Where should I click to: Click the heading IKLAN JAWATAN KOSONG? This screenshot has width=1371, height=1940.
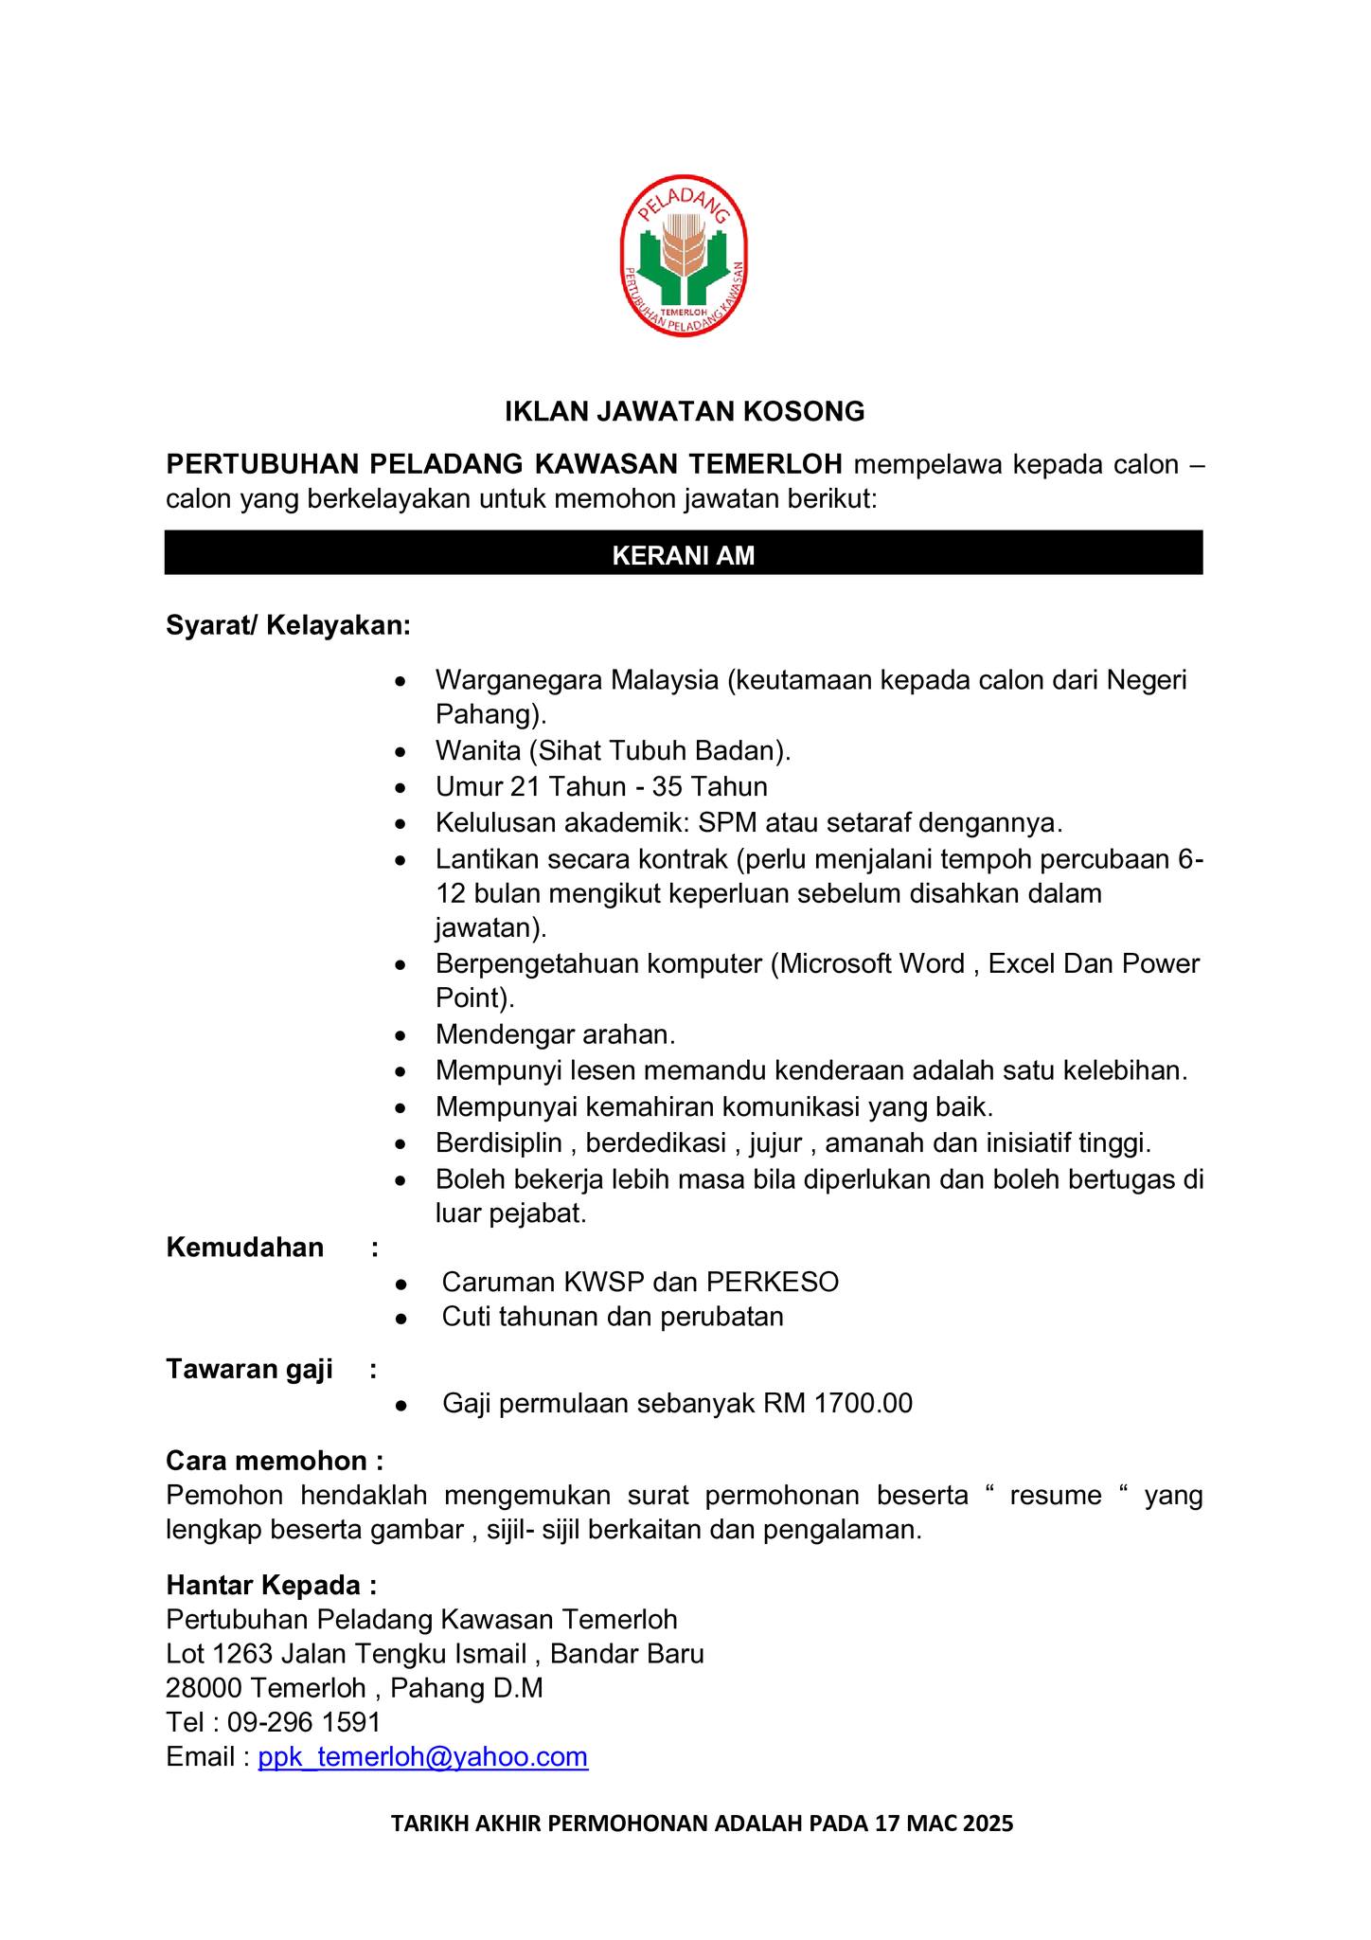click(x=684, y=411)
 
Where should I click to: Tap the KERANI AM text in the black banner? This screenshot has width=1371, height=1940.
click(x=684, y=556)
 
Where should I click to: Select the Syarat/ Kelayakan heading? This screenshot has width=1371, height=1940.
click(x=288, y=626)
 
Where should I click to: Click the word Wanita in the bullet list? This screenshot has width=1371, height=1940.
click(x=478, y=751)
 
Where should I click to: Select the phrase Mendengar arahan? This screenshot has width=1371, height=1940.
click(x=555, y=1034)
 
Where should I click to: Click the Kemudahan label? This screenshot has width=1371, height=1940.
click(x=244, y=1248)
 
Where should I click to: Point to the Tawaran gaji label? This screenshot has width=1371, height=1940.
click(x=249, y=1370)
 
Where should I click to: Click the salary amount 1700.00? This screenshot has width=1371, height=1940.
click(x=864, y=1404)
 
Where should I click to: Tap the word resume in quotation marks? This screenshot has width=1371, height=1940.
click(x=1055, y=1496)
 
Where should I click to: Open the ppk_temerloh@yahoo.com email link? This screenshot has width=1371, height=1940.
click(x=423, y=1757)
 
